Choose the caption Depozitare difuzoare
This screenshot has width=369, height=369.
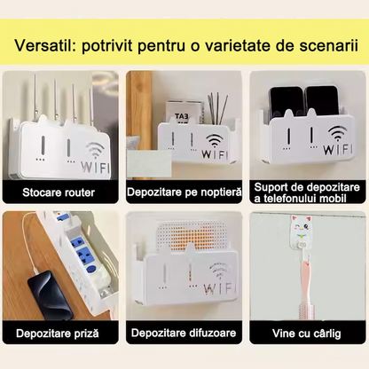click(x=184, y=334)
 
